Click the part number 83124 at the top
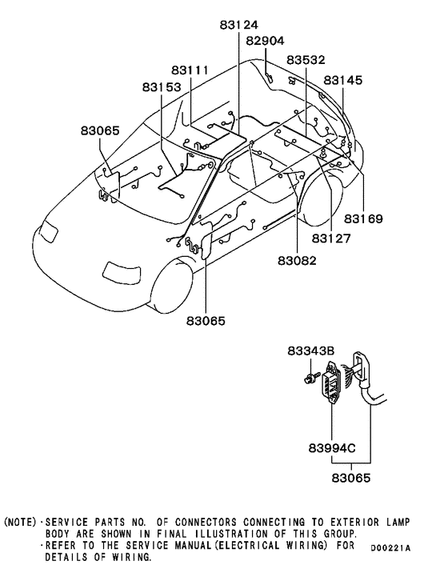[x=240, y=25]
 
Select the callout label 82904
[x=265, y=41]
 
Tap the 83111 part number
[x=189, y=70]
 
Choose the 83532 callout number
[x=306, y=59]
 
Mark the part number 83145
[x=343, y=80]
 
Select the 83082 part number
[x=297, y=260]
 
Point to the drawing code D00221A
[x=390, y=547]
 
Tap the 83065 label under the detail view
[x=351, y=479]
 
